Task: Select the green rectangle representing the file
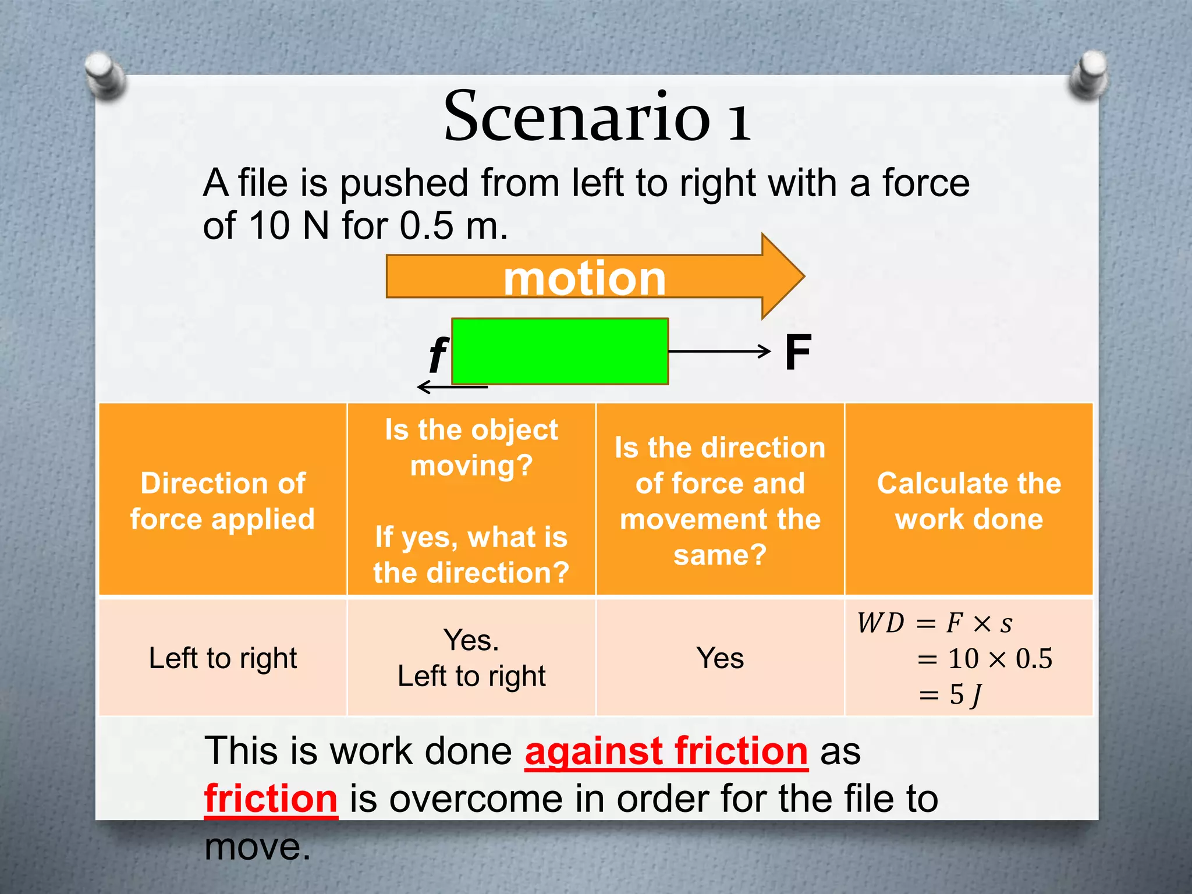(559, 351)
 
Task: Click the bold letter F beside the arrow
(797, 352)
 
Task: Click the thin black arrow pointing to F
(719, 351)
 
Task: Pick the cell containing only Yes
(720, 658)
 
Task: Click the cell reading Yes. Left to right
(471, 658)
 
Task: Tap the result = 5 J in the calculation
(950, 694)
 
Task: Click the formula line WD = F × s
(934, 623)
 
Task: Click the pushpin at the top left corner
(105, 74)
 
